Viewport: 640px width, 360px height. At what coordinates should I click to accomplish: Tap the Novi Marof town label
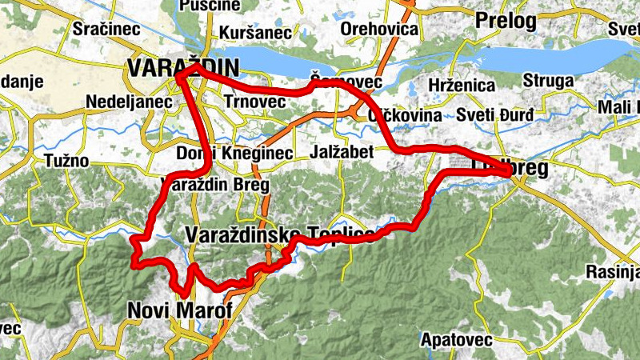179,310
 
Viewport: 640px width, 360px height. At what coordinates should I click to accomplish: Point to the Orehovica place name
379,30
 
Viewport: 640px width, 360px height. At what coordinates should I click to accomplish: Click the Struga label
548,82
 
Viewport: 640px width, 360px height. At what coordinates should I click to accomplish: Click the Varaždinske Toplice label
279,234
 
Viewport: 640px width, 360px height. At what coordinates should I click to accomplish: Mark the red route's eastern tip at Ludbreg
511,167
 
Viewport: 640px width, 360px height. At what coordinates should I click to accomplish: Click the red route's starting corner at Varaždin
180,75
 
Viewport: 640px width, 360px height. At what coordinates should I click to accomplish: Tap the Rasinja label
612,270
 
